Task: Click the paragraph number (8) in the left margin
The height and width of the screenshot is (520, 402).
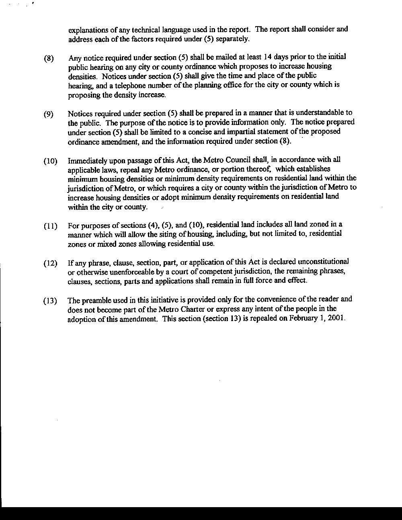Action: pyautogui.click(x=49, y=58)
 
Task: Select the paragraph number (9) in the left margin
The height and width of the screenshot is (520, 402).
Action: pyautogui.click(x=49, y=114)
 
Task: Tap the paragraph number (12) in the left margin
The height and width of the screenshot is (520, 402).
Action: pyautogui.click(x=50, y=264)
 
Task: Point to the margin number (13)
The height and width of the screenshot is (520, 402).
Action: pyautogui.click(x=50, y=301)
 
